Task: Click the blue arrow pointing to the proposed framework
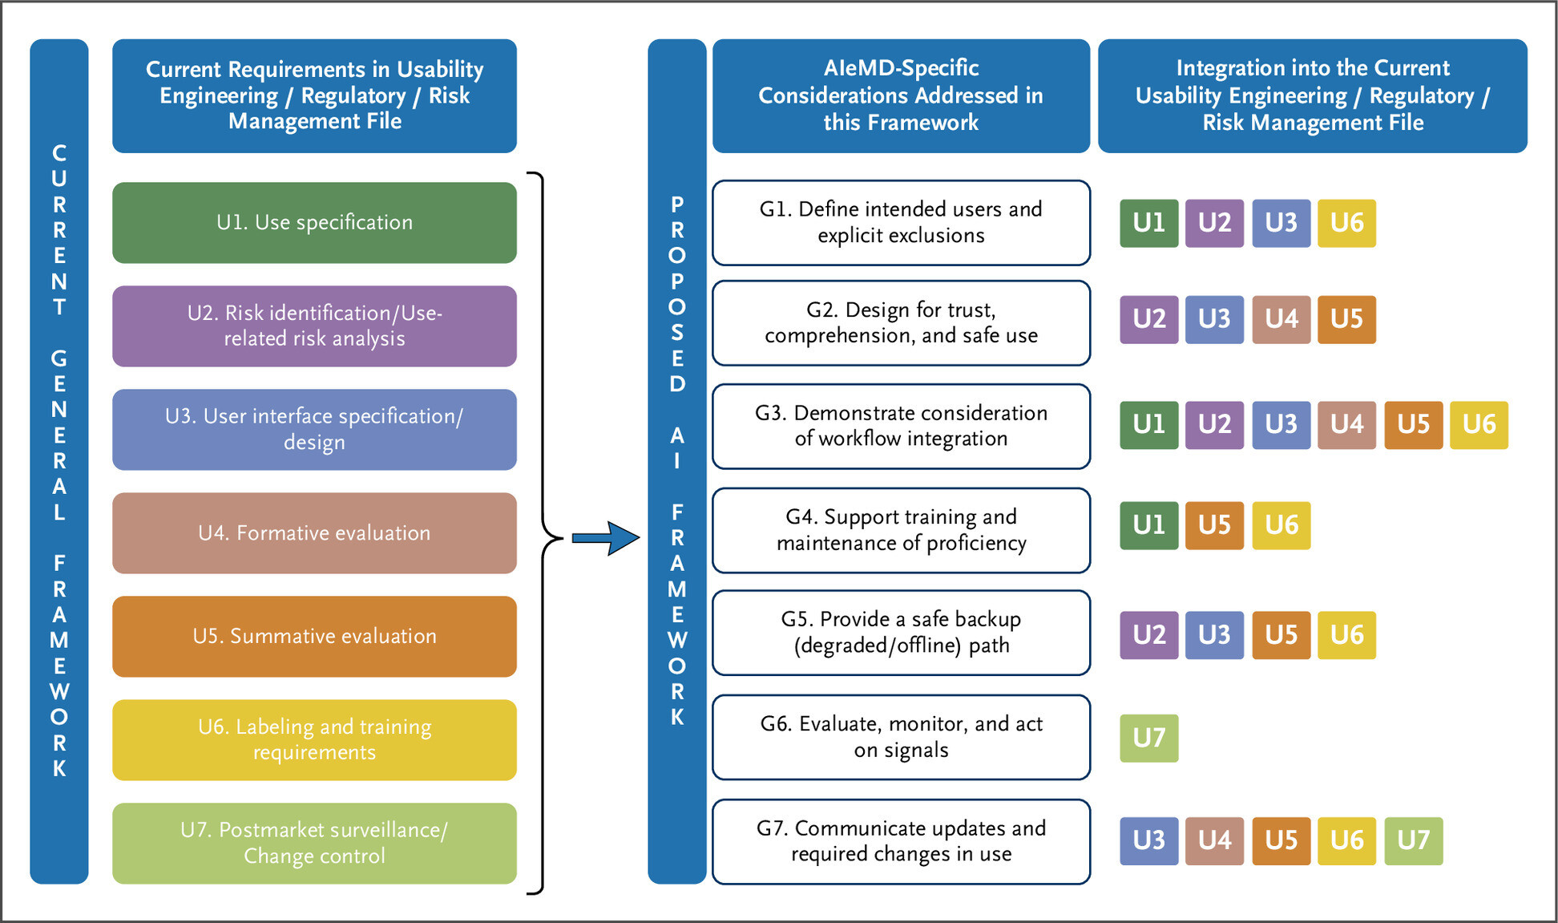tap(606, 538)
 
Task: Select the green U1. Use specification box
tap(314, 223)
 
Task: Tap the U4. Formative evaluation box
tap(314, 533)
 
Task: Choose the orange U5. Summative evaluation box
tap(314, 637)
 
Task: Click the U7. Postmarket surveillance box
tap(314, 844)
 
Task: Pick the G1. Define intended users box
tap(901, 223)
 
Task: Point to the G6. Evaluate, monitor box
tap(901, 737)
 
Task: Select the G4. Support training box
tap(901, 530)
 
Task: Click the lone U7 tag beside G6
tap(1148, 738)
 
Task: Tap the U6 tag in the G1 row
tap(1346, 223)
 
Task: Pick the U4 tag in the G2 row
tap(1281, 319)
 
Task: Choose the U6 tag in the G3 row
tap(1479, 424)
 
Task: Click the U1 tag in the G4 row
tap(1148, 525)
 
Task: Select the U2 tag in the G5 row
tap(1148, 635)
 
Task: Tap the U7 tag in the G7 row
tap(1413, 840)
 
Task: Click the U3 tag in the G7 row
tap(1148, 840)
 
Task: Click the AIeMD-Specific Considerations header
tap(901, 95)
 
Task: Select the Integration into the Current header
tap(1312, 95)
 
